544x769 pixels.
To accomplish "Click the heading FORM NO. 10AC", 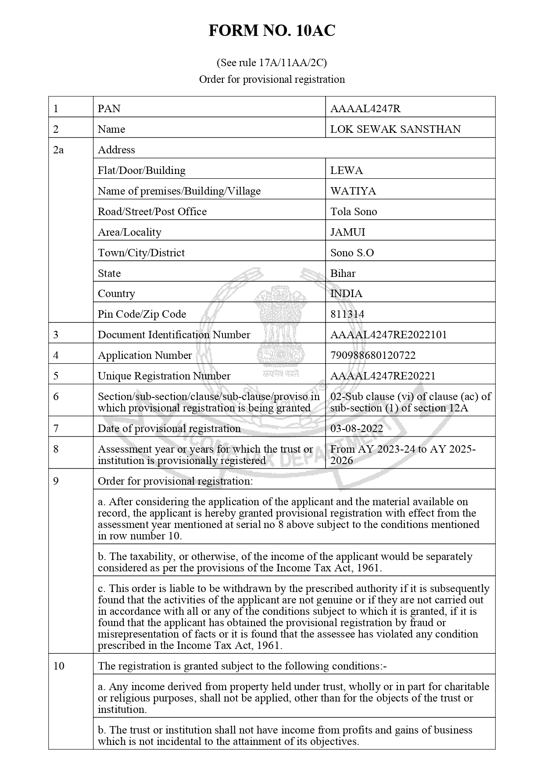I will pyautogui.click(x=272, y=31).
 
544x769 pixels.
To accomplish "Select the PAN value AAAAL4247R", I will pyautogui.click(x=359, y=109).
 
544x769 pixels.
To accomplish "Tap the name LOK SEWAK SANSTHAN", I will pyautogui.click(x=395, y=129).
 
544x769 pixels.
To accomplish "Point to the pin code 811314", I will pyautogui.click(x=347, y=314).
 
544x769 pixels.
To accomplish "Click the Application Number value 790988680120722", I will pyautogui.click(x=372, y=355).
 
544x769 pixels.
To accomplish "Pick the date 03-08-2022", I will pyautogui.click(x=356, y=429).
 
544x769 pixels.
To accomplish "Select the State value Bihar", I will pyautogui.click(x=343, y=273).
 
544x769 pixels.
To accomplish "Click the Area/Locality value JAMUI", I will pyautogui.click(x=347, y=232).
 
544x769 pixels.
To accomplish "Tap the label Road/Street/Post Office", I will pyautogui.click(x=152, y=212).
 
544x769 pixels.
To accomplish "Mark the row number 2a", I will pyautogui.click(x=58, y=150).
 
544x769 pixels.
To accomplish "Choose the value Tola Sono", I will pyautogui.click(x=353, y=212).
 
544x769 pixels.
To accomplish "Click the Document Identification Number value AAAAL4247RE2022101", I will pyautogui.click(x=388, y=335).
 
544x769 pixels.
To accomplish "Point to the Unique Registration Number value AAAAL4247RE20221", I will pyautogui.click(x=383, y=376).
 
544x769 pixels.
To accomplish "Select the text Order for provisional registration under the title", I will pyautogui.click(x=272, y=79).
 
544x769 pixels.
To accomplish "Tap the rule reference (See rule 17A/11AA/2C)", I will pyautogui.click(x=272, y=63).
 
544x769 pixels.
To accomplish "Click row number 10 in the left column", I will pyautogui.click(x=58, y=666).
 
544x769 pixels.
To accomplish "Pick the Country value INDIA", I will pyautogui.click(x=346, y=294).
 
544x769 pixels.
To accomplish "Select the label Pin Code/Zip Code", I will pyautogui.click(x=142, y=314).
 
